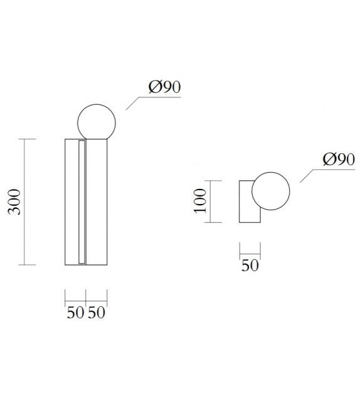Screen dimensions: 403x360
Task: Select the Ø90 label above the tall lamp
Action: point(165,87)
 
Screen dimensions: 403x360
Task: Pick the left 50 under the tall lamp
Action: point(75,313)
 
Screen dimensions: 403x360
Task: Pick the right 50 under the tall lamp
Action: point(97,313)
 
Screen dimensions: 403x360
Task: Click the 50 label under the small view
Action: point(250,266)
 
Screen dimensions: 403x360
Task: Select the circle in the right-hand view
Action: point(271,191)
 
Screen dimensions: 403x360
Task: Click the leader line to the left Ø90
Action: point(137,102)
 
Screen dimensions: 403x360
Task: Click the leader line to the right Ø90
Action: point(311,175)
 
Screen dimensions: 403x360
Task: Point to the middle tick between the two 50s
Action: point(86,296)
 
